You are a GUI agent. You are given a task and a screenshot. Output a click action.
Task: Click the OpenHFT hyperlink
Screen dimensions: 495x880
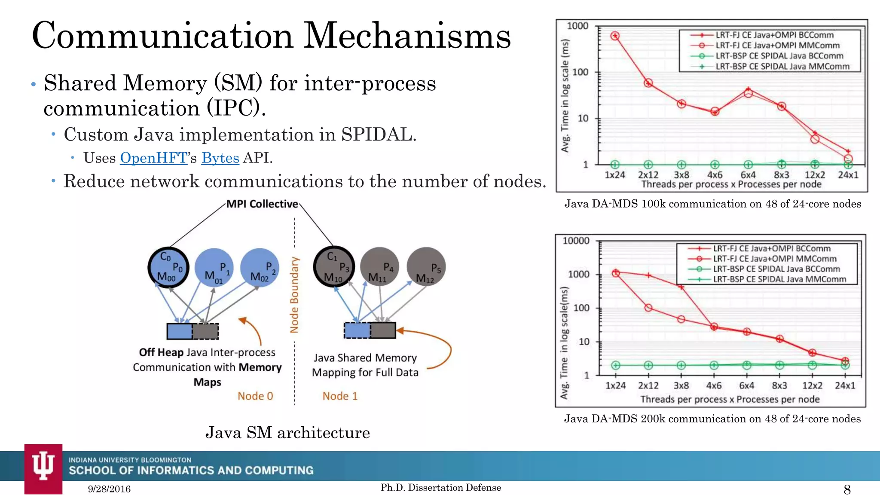tap(153, 158)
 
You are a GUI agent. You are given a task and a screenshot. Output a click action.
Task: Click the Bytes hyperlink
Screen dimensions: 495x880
tap(220, 158)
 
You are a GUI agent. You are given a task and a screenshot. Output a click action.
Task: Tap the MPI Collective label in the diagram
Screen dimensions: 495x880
tap(262, 204)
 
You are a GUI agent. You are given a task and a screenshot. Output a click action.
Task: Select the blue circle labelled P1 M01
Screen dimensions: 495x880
tap(214, 268)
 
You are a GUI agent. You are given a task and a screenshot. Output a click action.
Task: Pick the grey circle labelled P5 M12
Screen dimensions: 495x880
tap(426, 267)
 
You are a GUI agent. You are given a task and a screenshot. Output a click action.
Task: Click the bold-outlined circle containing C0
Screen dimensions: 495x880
tap(168, 267)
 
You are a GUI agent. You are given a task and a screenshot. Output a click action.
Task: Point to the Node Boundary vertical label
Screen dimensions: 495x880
tap(294, 295)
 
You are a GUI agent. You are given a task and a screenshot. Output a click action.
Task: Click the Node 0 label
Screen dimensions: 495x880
tap(255, 396)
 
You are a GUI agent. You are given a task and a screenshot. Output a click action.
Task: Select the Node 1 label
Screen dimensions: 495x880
tap(340, 396)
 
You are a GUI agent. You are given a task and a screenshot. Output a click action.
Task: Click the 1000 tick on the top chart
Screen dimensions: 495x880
tap(577, 26)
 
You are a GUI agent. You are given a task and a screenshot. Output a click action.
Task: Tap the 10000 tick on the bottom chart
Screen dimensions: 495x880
tap(576, 241)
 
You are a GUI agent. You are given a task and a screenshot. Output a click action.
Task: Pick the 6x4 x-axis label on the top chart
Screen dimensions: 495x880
tap(748, 175)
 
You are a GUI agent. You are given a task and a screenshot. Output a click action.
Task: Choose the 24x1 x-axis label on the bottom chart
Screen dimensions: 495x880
tap(845, 385)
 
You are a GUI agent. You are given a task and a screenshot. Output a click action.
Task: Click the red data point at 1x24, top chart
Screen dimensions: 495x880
tap(615, 36)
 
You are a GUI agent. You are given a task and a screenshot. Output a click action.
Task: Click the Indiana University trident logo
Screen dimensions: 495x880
tap(43, 466)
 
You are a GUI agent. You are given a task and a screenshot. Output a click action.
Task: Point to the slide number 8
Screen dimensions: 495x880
tap(847, 489)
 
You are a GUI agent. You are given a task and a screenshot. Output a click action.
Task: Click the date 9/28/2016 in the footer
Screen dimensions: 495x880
tap(109, 489)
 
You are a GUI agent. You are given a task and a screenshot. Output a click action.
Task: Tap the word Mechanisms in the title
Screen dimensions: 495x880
tap(407, 35)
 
